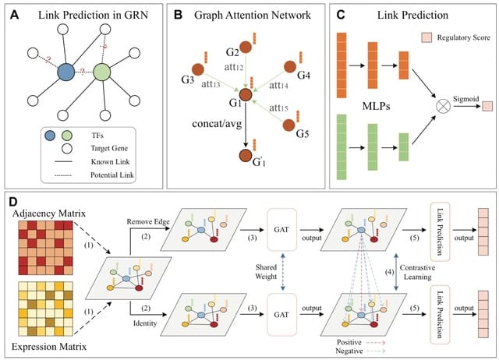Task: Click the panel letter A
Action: click(13, 13)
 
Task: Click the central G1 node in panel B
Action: click(246, 96)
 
